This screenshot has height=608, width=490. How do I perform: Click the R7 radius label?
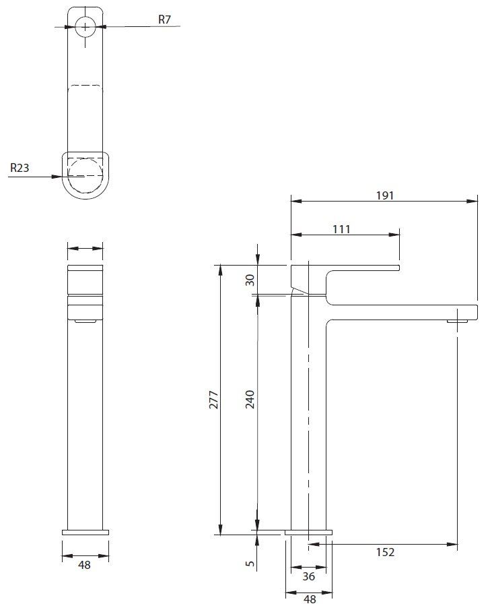[x=164, y=19]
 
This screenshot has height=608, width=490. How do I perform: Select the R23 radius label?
[x=20, y=169]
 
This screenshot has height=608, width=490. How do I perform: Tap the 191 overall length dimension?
[x=385, y=195]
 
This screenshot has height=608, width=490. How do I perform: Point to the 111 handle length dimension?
[x=341, y=229]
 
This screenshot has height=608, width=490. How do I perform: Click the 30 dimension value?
[x=250, y=279]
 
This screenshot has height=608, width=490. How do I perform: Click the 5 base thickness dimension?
[x=250, y=563]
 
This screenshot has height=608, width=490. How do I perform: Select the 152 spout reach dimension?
[x=384, y=553]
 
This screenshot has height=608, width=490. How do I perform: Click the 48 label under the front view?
[x=84, y=566]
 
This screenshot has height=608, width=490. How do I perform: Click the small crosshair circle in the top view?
[x=85, y=27]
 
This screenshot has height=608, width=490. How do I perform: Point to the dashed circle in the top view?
[x=85, y=175]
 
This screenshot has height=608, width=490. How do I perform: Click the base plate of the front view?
[x=85, y=532]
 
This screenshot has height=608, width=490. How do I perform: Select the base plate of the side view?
[x=308, y=532]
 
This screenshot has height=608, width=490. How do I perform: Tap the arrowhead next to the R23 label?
[x=59, y=177]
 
